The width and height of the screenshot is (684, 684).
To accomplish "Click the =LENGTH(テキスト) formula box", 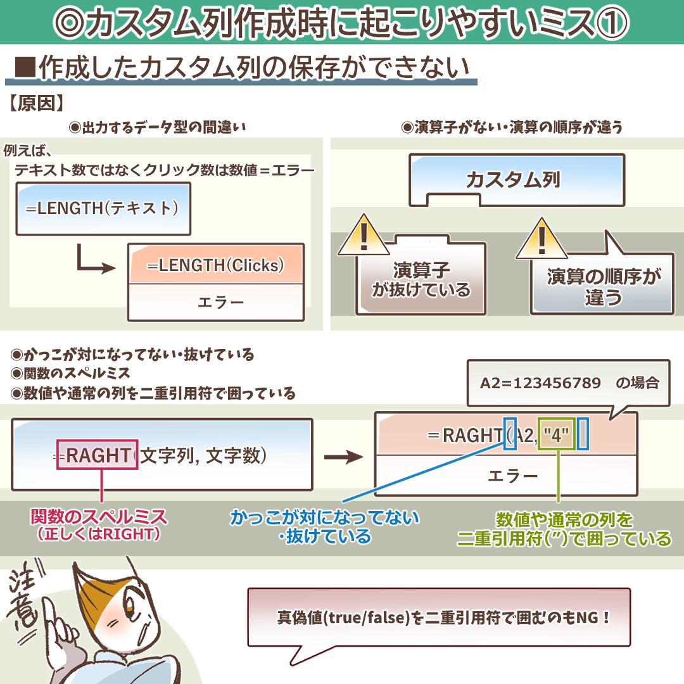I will (x=103, y=208).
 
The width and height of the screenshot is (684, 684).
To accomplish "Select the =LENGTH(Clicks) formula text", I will (x=215, y=265).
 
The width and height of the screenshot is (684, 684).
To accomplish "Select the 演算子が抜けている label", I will (x=421, y=281).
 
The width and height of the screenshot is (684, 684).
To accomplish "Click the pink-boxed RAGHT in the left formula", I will (x=97, y=455).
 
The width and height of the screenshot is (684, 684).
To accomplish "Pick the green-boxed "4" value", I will (x=556, y=435).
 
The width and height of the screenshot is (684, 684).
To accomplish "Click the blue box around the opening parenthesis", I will (x=510, y=434).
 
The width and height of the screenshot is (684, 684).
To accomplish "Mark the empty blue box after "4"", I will (x=583, y=434).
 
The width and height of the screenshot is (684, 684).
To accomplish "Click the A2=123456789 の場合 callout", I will (x=568, y=383).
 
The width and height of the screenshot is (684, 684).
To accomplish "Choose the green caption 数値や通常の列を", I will (x=564, y=520).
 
